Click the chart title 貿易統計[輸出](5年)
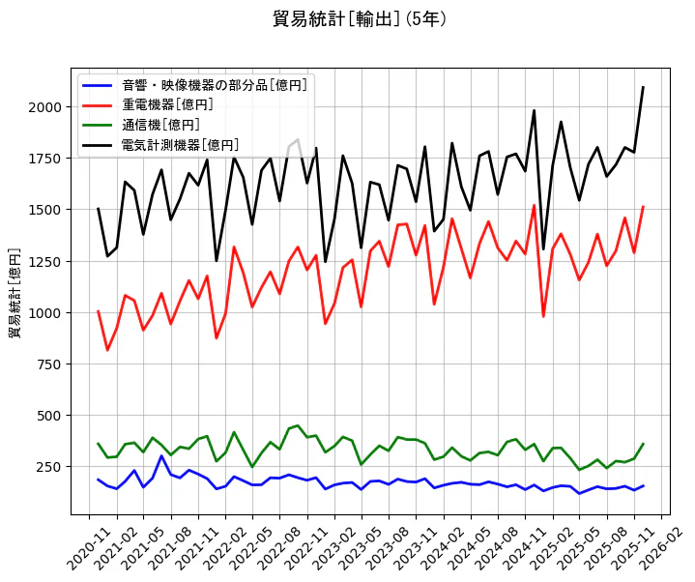click(x=360, y=19)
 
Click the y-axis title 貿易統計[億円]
click(x=15, y=292)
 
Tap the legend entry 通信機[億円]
click(x=160, y=125)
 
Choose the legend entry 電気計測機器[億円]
click(x=174, y=145)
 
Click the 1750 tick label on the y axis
click(x=45, y=158)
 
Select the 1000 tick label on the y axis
click(x=45, y=312)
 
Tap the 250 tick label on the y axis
click(x=49, y=467)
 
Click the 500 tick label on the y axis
click(x=49, y=416)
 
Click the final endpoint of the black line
click(x=643, y=87)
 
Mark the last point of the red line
click(x=643, y=207)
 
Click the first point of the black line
click(x=98, y=208)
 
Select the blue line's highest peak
click(x=161, y=455)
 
